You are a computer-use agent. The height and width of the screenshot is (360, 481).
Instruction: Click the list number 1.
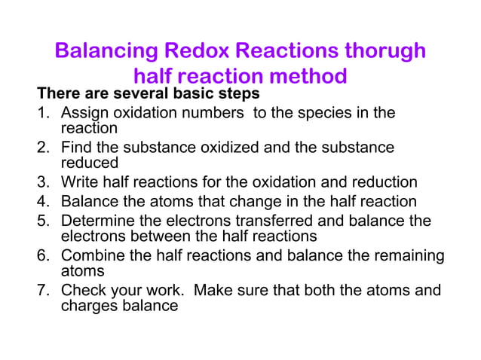[x=44, y=113]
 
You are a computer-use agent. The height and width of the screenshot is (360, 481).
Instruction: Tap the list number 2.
[x=44, y=148]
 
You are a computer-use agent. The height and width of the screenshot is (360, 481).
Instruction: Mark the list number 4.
[x=44, y=201]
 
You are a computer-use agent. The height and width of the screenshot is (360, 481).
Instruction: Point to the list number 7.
[x=44, y=290]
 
